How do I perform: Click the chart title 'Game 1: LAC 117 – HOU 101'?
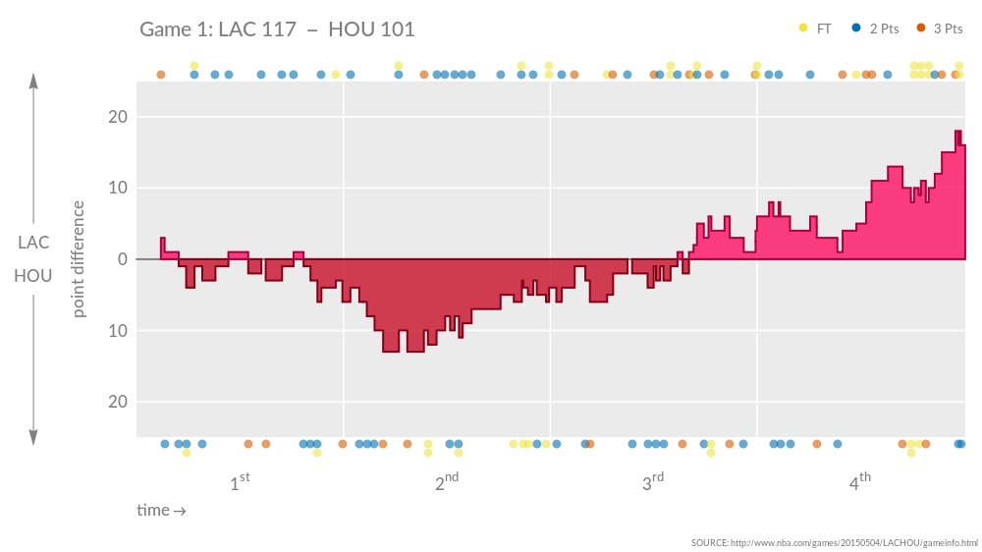tap(277, 29)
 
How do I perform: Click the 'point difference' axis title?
tap(80, 259)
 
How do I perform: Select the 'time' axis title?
tap(161, 510)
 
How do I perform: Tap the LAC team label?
tap(33, 243)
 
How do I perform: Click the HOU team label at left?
tap(33, 276)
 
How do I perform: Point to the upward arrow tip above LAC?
tap(33, 77)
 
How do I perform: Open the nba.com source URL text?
tap(835, 542)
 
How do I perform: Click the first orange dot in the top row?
tap(161, 75)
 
